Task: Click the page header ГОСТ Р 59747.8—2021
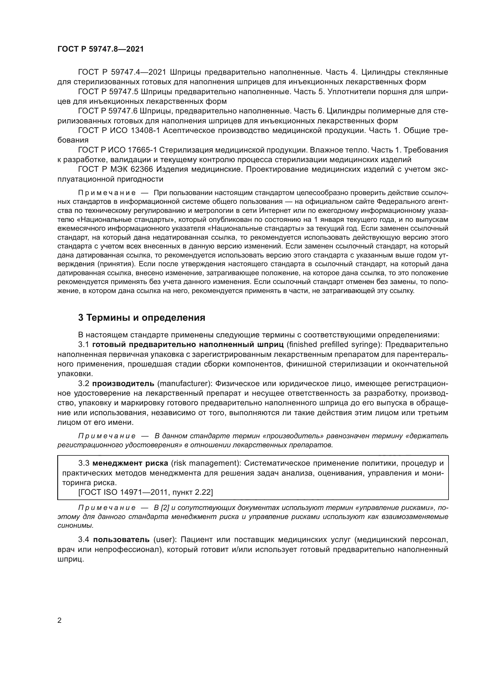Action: (100, 49)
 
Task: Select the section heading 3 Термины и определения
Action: (142, 318)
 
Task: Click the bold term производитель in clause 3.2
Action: (123, 383)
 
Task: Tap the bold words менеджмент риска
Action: (130, 463)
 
